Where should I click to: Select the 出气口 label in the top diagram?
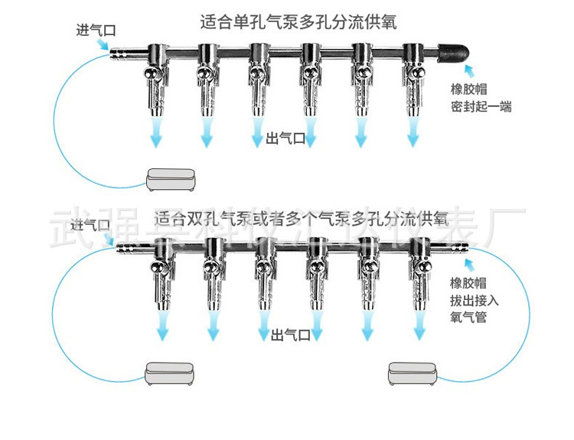[x=285, y=139]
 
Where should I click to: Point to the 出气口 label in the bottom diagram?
[x=291, y=334]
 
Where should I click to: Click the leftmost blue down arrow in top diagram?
[x=156, y=135]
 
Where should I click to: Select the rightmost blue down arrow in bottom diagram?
[x=418, y=332]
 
